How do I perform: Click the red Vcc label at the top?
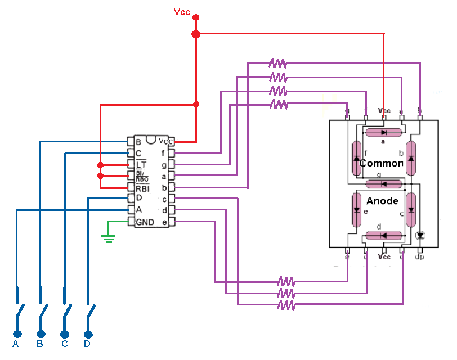182,12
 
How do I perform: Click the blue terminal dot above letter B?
40,332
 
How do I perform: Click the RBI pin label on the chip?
142,187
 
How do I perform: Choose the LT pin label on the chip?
141,164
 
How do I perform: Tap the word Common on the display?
381,163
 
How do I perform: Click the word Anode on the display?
382,201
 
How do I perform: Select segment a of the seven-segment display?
383,132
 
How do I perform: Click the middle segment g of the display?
383,183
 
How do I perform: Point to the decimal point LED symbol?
419,235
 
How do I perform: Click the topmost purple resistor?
277,62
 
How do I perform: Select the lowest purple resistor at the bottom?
286,305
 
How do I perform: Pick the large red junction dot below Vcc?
196,34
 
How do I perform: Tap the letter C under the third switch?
64,344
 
